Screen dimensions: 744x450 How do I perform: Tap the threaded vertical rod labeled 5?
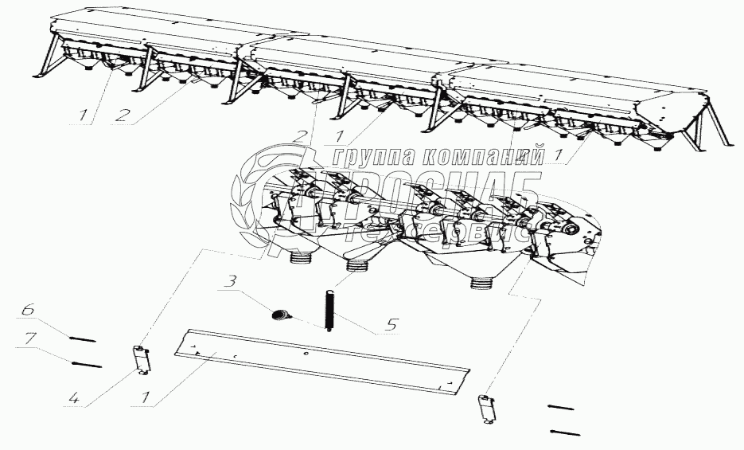[x=327, y=311]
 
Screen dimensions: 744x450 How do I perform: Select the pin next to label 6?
[x=82, y=339]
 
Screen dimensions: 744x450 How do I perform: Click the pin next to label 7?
[x=88, y=366]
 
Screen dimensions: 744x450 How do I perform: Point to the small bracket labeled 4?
[x=141, y=359]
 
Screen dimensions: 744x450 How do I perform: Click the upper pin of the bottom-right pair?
[x=560, y=408]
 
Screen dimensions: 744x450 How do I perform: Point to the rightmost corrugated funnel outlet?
[x=482, y=281]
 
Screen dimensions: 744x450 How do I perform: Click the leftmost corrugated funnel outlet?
[x=301, y=258]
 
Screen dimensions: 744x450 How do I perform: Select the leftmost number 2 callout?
[x=122, y=114]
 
